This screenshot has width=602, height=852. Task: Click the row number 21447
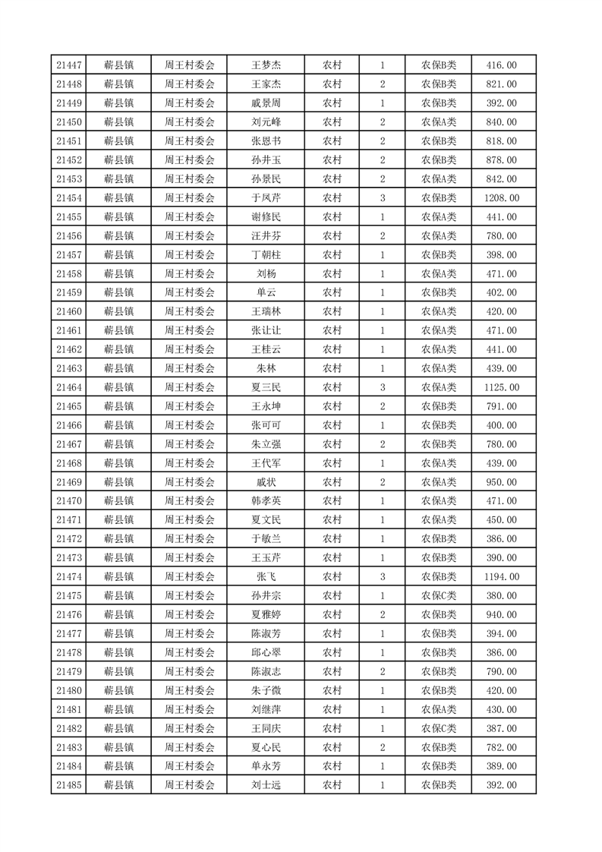69,65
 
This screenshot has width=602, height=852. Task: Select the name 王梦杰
266,65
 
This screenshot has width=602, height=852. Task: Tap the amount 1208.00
502,198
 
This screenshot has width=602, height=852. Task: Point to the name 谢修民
266,217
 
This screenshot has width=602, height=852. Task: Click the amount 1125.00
502,387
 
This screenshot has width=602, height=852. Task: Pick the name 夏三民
266,387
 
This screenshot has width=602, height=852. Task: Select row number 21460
69,311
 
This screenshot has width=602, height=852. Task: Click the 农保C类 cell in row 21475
439,595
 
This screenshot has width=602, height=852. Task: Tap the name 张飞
266,576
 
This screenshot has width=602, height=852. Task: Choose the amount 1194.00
502,576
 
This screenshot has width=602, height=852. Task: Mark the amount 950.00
502,482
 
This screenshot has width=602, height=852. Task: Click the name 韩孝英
266,501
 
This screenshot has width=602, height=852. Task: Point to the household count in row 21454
383,198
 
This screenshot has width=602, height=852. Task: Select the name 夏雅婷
266,614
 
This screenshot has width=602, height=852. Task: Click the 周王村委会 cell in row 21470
190,501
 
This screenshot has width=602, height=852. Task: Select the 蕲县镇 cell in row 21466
119,425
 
